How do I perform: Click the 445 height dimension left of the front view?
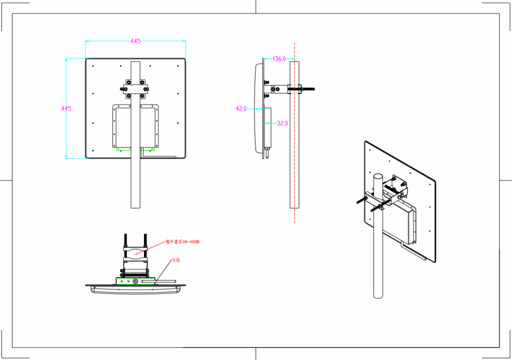66,108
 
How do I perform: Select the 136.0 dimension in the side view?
279,59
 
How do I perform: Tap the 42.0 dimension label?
241,108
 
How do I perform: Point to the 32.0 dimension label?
282,123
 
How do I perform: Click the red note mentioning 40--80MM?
182,242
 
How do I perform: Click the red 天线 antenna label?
175,260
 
